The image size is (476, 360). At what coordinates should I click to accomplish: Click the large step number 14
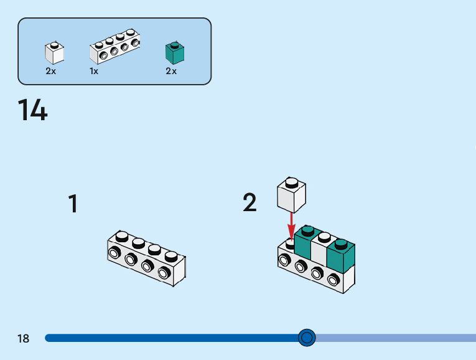click(x=32, y=110)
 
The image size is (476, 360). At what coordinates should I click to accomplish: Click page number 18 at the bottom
click(x=24, y=339)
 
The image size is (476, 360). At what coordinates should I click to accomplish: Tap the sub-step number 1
click(x=73, y=204)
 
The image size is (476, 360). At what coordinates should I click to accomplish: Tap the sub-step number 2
click(x=250, y=202)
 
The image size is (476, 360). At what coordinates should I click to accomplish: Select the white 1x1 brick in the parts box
click(x=55, y=54)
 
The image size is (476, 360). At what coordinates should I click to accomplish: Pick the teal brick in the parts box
click(x=175, y=54)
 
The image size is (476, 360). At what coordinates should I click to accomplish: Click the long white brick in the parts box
click(x=115, y=47)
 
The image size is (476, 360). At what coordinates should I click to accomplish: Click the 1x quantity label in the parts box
click(x=94, y=72)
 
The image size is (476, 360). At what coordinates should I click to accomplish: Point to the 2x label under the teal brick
click(x=171, y=72)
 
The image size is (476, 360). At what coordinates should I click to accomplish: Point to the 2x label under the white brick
click(x=51, y=72)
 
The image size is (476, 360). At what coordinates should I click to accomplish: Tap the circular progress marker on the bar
click(x=307, y=338)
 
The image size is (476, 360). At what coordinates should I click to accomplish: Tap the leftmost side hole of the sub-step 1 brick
click(x=114, y=252)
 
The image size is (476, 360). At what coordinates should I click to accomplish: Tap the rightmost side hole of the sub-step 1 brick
click(x=164, y=272)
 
